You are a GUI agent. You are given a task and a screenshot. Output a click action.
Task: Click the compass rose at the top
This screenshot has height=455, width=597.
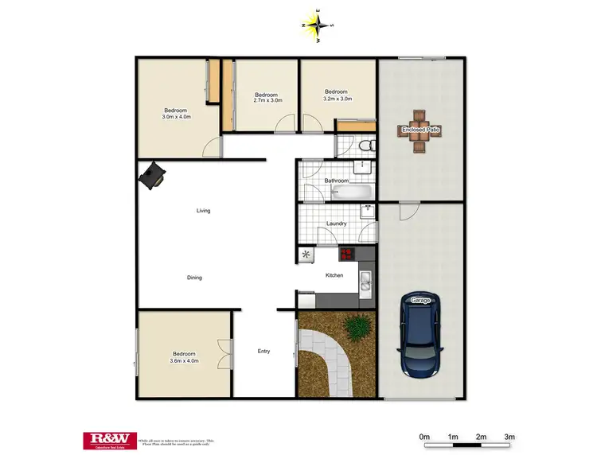click(x=318, y=25)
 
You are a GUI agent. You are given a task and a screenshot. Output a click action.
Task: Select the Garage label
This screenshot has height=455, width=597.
click(x=420, y=300)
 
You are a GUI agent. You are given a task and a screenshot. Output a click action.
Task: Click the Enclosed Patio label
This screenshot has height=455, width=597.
click(x=421, y=129)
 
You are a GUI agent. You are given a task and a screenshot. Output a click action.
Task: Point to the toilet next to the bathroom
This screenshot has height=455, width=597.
click(x=364, y=146)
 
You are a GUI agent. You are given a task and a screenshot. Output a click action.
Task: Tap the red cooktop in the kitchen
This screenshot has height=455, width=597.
click(x=347, y=255)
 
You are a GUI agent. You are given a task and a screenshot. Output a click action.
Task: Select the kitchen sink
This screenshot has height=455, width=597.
click(x=365, y=280)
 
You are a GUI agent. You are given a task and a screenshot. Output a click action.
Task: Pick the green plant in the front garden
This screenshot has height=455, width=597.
click(x=358, y=325)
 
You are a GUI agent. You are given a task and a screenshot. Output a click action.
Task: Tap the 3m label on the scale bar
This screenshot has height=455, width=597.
click(x=509, y=437)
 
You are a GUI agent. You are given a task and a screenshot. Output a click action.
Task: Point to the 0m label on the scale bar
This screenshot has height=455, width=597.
click(x=424, y=437)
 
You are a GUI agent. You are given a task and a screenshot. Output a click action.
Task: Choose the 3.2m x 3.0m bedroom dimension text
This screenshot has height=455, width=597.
click(x=337, y=99)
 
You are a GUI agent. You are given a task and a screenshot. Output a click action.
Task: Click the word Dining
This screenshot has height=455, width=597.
click(x=194, y=278)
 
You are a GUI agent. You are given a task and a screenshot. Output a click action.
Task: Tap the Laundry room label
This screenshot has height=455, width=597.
click(x=336, y=224)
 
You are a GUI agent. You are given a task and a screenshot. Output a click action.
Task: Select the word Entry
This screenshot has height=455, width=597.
click(x=263, y=351)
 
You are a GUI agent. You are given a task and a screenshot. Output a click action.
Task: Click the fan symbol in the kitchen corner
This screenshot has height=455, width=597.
click(x=306, y=255)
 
